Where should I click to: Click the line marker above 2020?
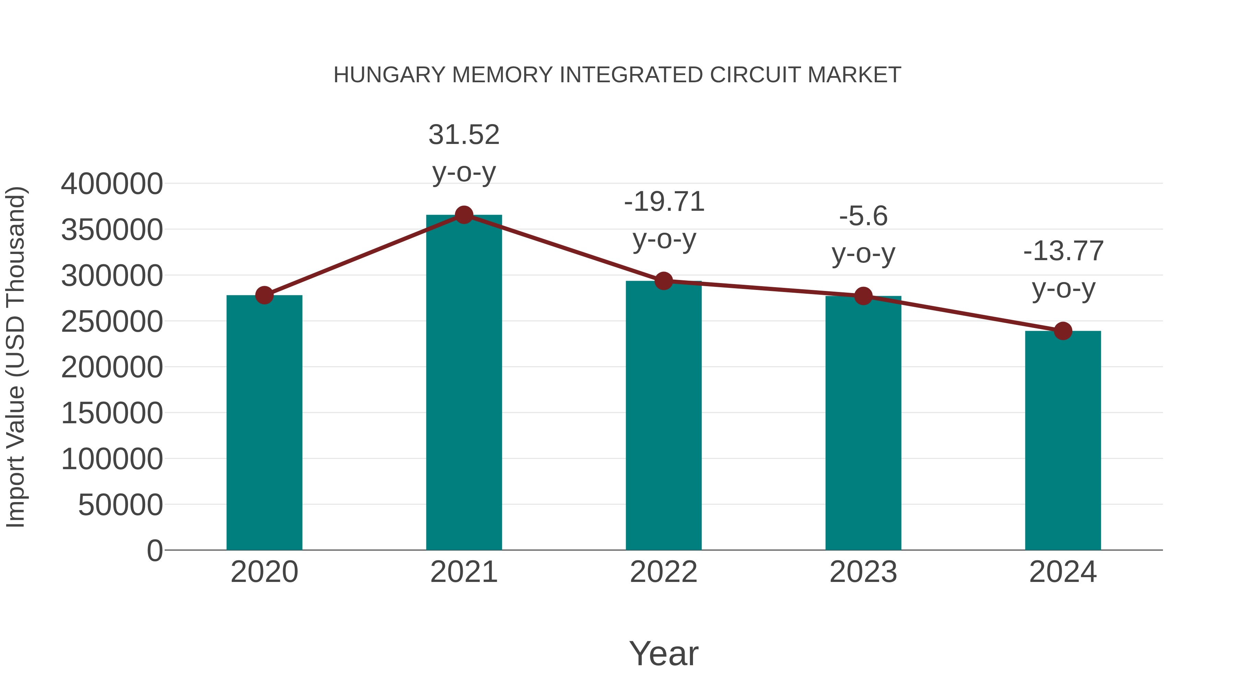pos(264,295)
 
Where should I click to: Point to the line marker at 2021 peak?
pos(463,215)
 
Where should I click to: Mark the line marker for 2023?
pos(863,296)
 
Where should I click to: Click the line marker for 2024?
pos(1063,330)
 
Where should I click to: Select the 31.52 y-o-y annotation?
pos(463,153)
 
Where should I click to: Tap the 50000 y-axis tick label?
pos(120,504)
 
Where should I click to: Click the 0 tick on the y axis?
pos(154,550)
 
